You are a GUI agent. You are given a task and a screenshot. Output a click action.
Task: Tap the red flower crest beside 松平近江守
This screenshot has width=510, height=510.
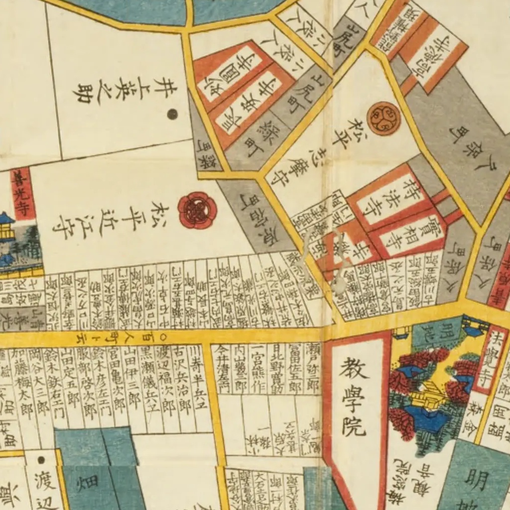tap(197, 210)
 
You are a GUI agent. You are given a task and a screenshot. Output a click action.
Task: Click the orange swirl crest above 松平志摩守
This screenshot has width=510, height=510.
tap(383, 118)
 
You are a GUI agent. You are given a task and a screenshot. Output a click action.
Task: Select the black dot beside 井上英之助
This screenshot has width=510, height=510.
tap(172, 114)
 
